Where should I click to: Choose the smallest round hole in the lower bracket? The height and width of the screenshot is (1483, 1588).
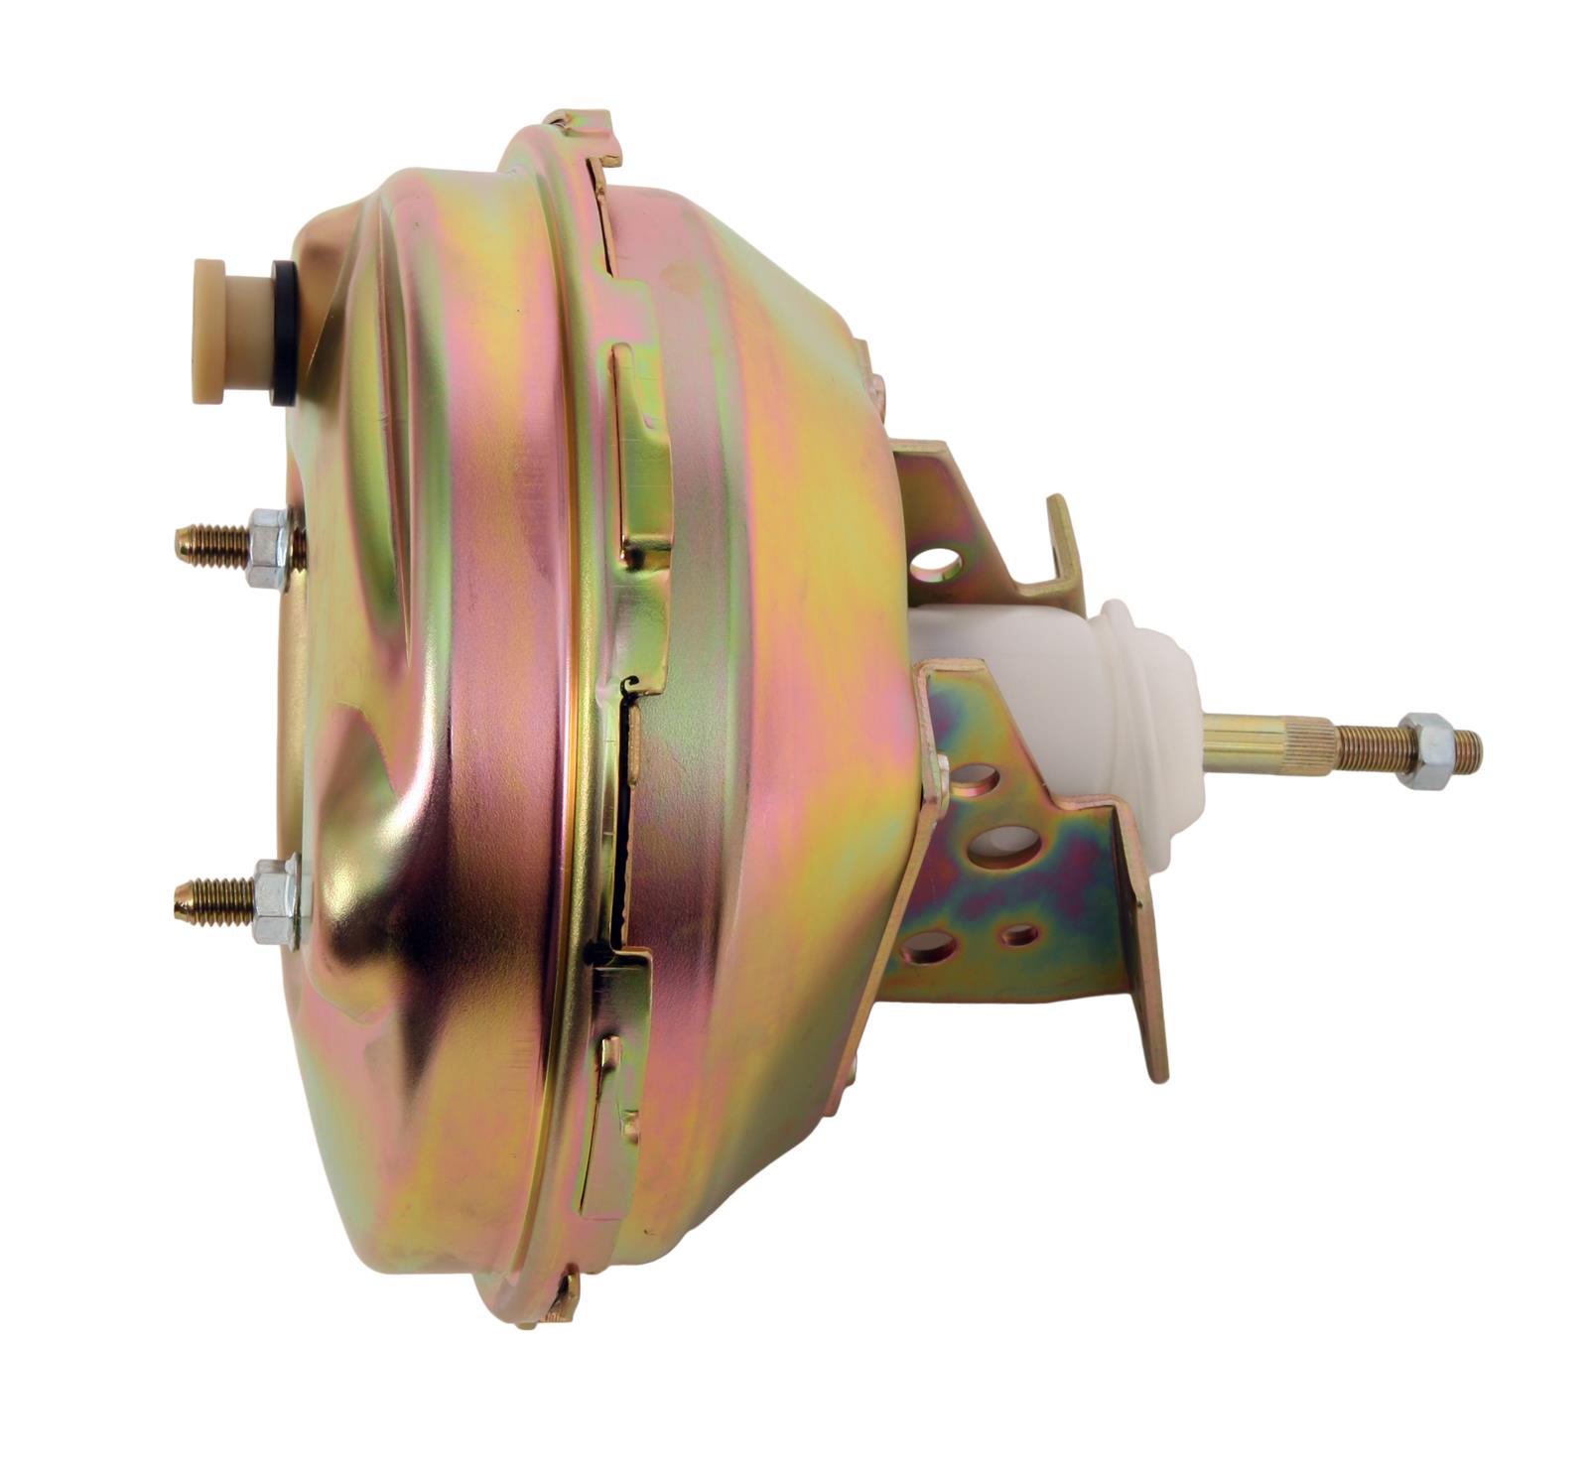1019,933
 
